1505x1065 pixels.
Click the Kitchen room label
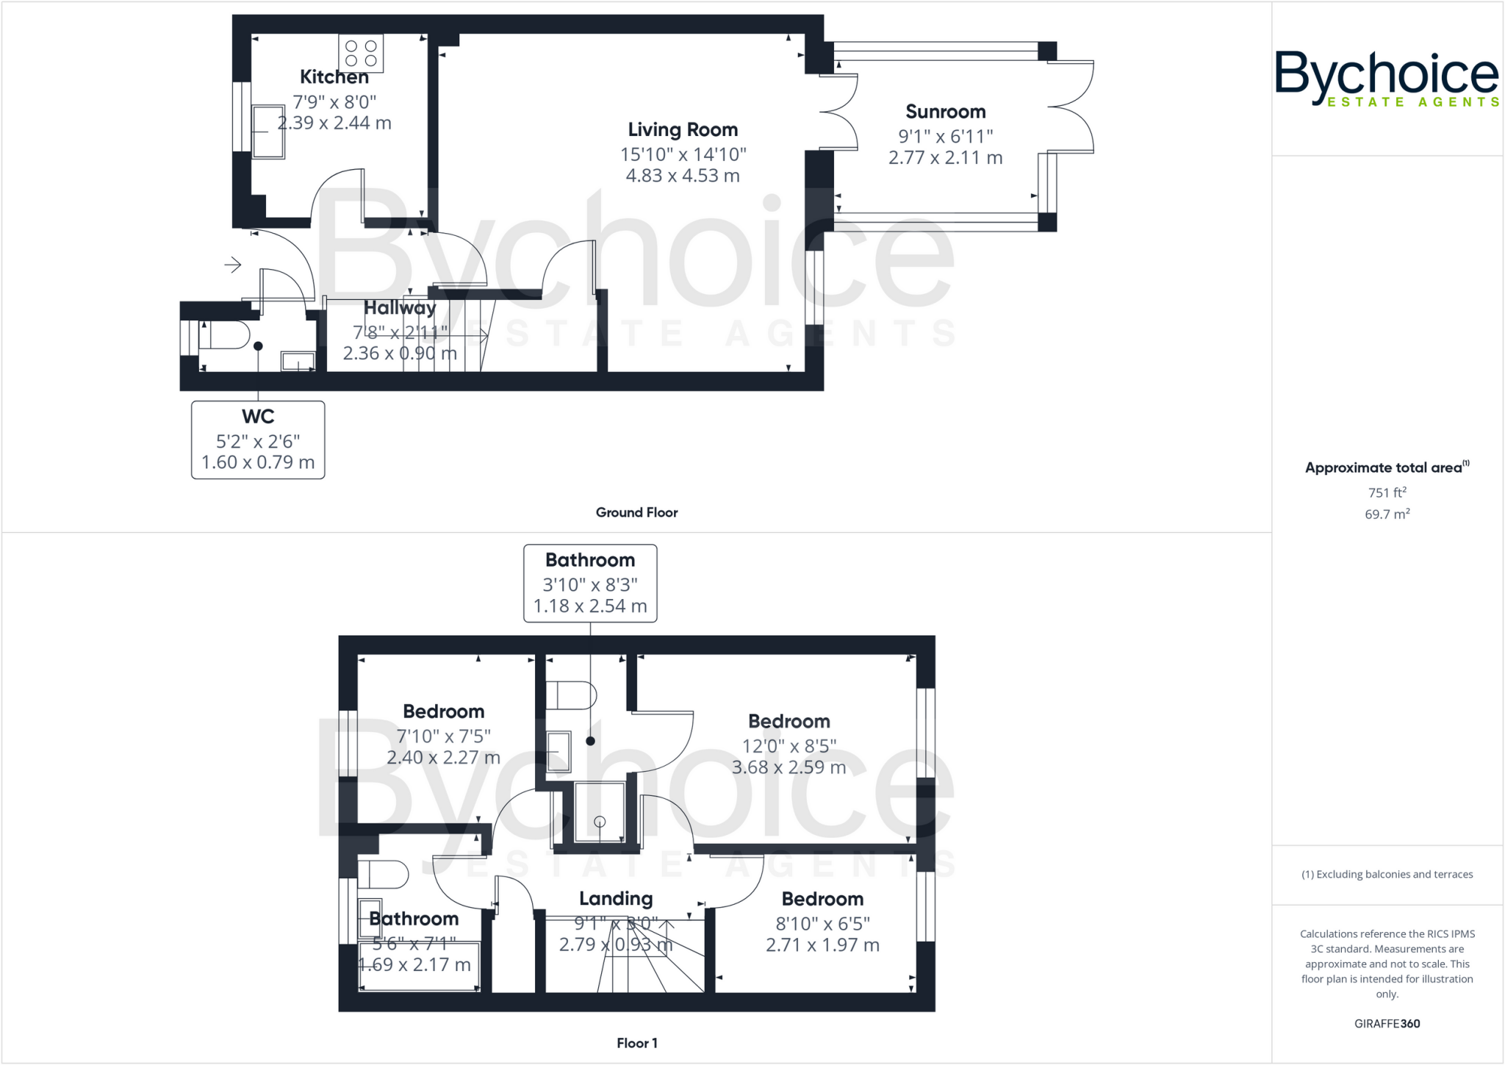[x=334, y=76]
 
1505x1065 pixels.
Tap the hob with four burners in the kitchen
[x=361, y=53]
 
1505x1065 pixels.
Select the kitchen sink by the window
[x=268, y=132]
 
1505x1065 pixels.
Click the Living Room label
[x=683, y=130]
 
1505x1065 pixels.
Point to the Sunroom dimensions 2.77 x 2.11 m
[x=945, y=157]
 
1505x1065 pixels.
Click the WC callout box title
[x=258, y=417]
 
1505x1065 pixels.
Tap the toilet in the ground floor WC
[x=224, y=335]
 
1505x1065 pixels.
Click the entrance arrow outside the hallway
[x=233, y=265]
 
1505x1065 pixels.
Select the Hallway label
[x=400, y=308]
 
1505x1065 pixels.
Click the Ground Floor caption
[x=636, y=512]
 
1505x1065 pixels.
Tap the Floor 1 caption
[x=637, y=1043]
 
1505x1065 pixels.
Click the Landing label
[x=616, y=899]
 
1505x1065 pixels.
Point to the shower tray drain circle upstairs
[x=600, y=822]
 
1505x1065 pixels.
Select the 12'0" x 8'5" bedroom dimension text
[x=789, y=746]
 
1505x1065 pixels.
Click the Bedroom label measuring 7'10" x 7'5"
[x=444, y=711]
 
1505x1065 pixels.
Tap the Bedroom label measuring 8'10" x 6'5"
[x=822, y=899]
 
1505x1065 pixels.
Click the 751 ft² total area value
[x=1387, y=492]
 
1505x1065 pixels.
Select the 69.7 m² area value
[x=1387, y=514]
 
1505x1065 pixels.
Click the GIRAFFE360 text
[x=1387, y=1023]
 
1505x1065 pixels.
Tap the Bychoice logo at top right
[x=1386, y=77]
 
